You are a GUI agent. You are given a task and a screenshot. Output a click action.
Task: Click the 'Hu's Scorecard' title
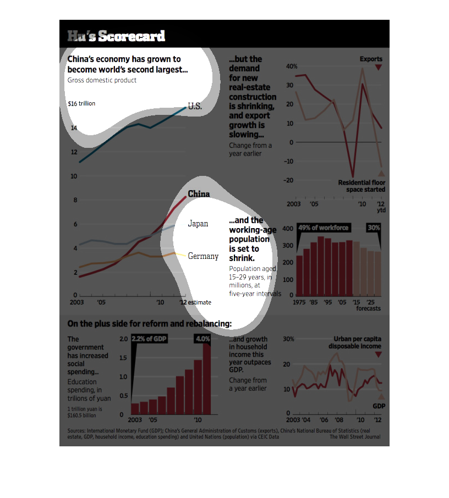pyautogui.click(x=116, y=37)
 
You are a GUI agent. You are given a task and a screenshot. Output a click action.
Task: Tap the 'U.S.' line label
pyautogui.click(x=195, y=107)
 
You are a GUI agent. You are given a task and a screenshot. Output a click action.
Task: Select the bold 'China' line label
pyautogui.click(x=199, y=194)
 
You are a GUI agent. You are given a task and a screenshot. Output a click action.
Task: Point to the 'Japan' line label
pyautogui.click(x=198, y=224)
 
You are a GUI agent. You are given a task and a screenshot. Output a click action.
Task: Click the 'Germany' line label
pyautogui.click(x=203, y=256)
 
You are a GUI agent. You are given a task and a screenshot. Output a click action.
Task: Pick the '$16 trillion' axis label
pyautogui.click(x=81, y=103)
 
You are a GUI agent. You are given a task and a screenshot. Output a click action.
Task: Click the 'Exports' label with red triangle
pyautogui.click(x=371, y=59)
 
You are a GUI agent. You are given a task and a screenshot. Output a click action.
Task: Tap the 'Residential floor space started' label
pyautogui.click(x=362, y=186)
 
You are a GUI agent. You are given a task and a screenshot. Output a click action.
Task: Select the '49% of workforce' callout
pyautogui.click(x=323, y=228)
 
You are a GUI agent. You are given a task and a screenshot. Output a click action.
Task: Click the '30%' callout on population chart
pyautogui.click(x=374, y=228)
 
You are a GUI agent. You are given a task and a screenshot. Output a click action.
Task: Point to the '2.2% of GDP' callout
pyautogui.click(x=149, y=339)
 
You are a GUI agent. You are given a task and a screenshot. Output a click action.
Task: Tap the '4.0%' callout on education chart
pyautogui.click(x=202, y=339)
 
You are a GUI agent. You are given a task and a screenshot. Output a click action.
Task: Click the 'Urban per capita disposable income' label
pyautogui.click(x=355, y=342)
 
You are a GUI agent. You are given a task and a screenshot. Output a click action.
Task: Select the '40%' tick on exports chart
pyautogui.click(x=292, y=66)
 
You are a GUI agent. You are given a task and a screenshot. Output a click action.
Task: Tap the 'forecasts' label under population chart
pyautogui.click(x=368, y=309)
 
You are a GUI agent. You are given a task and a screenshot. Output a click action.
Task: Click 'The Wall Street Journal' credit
pyautogui.click(x=354, y=437)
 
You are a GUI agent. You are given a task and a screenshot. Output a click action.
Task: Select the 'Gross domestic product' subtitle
pyautogui.click(x=102, y=80)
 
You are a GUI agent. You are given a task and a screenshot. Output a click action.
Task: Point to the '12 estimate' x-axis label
pyautogui.click(x=195, y=303)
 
